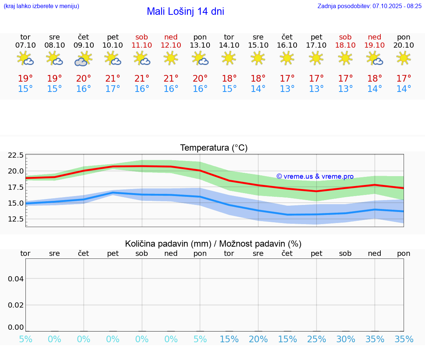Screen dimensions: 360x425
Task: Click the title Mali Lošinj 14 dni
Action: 185,11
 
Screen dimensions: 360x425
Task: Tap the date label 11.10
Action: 142,45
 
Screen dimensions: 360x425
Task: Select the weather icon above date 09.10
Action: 83,59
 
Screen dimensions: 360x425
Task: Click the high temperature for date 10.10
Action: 113,78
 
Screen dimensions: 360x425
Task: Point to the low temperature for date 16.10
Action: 287,89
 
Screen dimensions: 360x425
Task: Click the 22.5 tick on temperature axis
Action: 15,155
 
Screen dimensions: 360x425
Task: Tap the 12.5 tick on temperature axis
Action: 15,219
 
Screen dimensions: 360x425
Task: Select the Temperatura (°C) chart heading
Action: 214,148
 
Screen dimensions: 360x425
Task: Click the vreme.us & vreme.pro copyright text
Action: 315,176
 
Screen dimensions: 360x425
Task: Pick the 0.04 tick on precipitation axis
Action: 16,278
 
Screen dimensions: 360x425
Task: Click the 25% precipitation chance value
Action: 316,339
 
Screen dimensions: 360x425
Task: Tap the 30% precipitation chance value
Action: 345,339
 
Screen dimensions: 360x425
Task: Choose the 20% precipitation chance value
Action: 258,339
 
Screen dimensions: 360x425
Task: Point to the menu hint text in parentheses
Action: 41,6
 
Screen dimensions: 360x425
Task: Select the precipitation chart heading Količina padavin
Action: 213,244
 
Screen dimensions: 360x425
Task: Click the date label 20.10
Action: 404,45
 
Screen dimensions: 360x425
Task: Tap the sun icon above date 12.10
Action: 171,58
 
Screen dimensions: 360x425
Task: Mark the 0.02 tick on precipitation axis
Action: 16,305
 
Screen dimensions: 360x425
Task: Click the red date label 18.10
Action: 345,45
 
